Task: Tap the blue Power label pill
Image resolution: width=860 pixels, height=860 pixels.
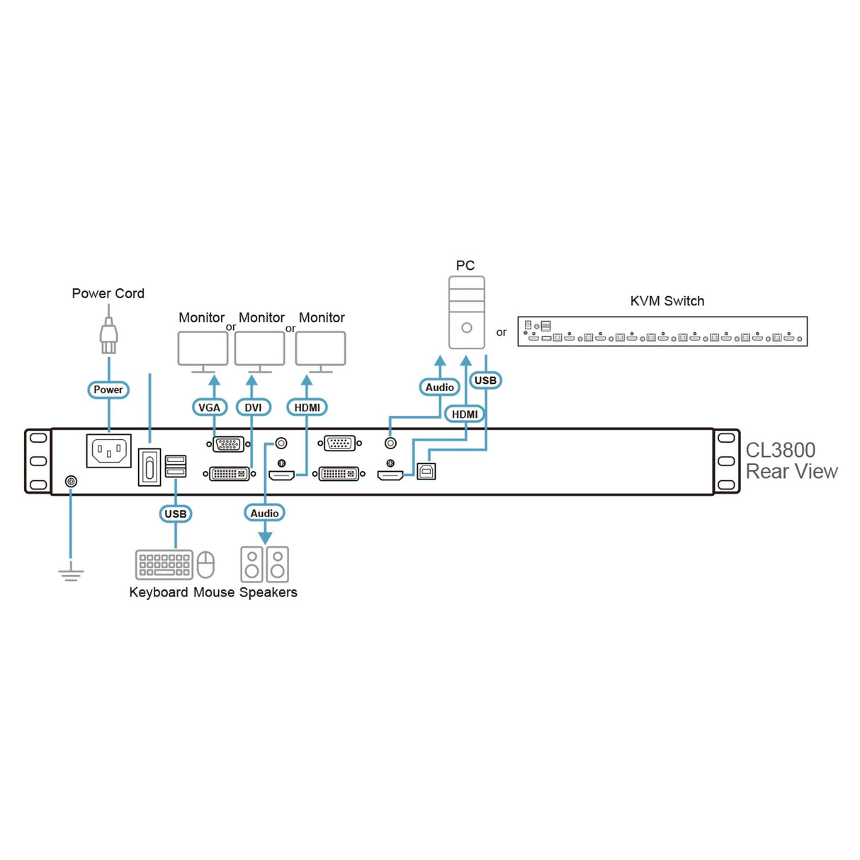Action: click(x=108, y=390)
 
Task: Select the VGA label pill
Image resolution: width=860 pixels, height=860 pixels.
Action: click(x=209, y=407)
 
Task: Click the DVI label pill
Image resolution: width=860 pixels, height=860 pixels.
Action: click(x=253, y=407)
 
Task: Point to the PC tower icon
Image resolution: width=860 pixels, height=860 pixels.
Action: click(x=466, y=312)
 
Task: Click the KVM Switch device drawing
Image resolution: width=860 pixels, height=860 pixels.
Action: click(x=662, y=332)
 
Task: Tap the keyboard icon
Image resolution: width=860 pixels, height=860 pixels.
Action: click(x=164, y=565)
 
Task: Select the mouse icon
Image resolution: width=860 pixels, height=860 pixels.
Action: click(x=205, y=565)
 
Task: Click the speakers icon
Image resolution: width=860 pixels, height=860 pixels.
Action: click(x=264, y=565)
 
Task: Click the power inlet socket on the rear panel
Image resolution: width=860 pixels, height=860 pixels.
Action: click(x=108, y=451)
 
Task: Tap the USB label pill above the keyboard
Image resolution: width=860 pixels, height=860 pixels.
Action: click(x=176, y=514)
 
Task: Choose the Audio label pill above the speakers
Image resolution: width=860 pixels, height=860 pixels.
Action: click(x=265, y=513)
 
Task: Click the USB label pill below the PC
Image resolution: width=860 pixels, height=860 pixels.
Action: click(x=485, y=380)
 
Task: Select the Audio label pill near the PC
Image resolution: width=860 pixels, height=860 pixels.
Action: click(x=440, y=387)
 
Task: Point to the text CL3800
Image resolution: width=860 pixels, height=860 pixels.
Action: click(x=780, y=450)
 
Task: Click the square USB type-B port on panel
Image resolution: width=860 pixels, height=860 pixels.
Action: click(x=426, y=470)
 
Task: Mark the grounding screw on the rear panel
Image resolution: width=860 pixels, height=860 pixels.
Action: click(x=71, y=482)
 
